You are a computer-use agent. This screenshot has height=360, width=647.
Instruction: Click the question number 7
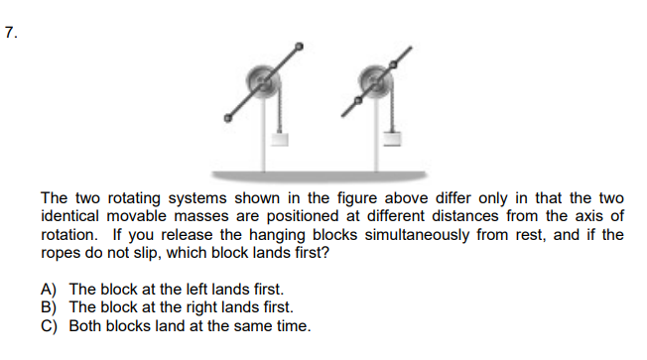coord(11,32)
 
